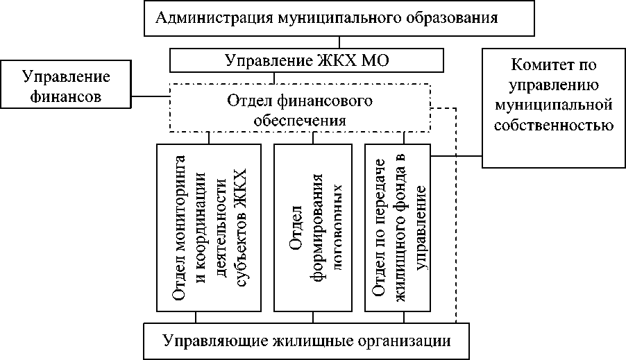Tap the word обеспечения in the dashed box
point(300,119)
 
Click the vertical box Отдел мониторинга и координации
point(209,228)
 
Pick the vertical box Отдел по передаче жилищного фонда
point(398,228)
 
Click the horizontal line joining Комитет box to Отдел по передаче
point(456,155)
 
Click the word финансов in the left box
point(67,96)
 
